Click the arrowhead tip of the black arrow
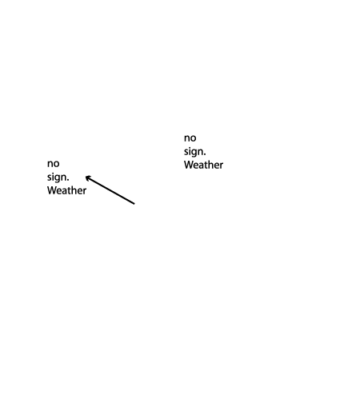(86, 177)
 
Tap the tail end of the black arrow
(134, 204)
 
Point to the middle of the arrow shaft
(110, 190)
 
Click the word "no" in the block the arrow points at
(53, 164)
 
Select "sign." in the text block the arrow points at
(58, 178)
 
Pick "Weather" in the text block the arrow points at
(66, 190)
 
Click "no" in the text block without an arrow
(190, 138)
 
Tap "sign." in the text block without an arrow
(195, 152)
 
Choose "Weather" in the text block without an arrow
(203, 166)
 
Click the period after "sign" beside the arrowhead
(68, 180)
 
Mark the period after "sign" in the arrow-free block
(205, 154)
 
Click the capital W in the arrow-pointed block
(51, 190)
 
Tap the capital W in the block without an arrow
(189, 166)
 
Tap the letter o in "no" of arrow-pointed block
(56, 164)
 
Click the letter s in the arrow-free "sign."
(186, 152)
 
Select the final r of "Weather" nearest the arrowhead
(85, 192)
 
